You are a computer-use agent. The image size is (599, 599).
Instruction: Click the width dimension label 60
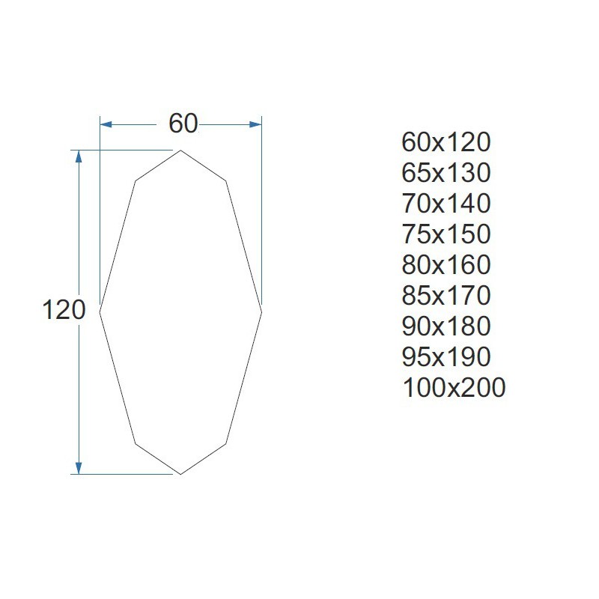tap(183, 124)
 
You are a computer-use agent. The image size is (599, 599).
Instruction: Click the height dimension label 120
tap(64, 309)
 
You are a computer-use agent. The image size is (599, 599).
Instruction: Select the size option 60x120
tap(446, 142)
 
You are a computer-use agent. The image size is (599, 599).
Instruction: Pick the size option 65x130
tap(446, 173)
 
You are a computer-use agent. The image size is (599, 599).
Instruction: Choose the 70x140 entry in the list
tap(446, 203)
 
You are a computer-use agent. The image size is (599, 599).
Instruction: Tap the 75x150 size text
tap(446, 234)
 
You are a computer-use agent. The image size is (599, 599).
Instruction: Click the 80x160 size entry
tap(446, 265)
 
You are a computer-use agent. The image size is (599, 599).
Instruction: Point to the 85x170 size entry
tap(446, 295)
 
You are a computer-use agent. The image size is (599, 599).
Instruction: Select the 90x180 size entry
tap(446, 326)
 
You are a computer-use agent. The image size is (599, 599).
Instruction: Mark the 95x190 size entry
tap(446, 357)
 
